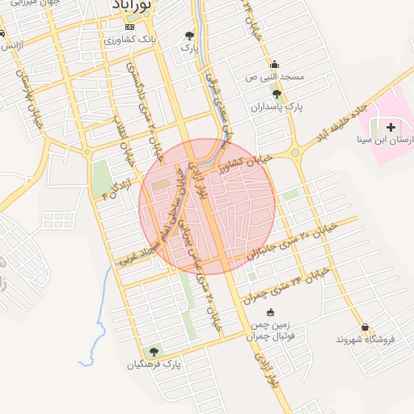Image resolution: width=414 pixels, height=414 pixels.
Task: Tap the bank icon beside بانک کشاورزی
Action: pos(129,27)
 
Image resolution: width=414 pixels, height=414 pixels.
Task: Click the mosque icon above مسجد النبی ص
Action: pos(274,65)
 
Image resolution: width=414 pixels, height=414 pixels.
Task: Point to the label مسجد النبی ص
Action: pos(274,78)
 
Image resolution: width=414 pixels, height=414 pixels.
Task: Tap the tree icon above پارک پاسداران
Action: pos(277,94)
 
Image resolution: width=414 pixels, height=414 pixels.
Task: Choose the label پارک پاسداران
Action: pos(276,107)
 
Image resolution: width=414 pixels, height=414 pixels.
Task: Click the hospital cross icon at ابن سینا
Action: pos(392,128)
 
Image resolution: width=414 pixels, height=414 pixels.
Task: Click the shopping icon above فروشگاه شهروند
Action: pos(366,327)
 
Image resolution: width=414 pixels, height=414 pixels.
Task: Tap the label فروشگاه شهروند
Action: pos(367,340)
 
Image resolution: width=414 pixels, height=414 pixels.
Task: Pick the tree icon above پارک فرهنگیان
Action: pos(154,352)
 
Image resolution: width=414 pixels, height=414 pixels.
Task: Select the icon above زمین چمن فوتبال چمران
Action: pos(269,312)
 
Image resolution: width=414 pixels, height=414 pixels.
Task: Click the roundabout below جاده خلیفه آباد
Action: pos(295,151)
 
